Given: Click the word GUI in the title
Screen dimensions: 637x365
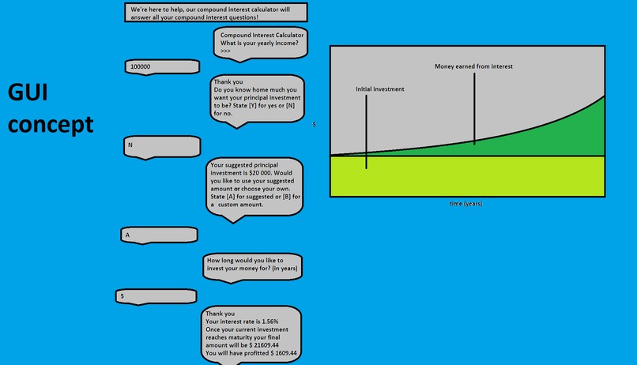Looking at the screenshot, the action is tap(28, 92).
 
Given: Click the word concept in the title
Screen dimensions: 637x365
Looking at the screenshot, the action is tap(51, 124).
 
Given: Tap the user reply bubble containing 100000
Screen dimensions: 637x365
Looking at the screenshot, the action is tap(162, 67).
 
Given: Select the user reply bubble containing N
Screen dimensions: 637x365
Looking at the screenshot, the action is tap(162, 147).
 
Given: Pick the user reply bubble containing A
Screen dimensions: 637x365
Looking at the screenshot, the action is tap(160, 235).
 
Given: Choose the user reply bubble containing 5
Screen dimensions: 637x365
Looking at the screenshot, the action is tap(156, 296).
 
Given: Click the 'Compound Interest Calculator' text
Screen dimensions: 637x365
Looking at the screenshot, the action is tap(262, 36).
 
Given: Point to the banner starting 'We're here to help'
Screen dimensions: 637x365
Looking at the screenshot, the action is tap(216, 13).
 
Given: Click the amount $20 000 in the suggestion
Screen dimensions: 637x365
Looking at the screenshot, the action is tap(259, 173).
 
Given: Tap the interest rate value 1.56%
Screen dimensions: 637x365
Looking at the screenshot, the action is tap(269, 322).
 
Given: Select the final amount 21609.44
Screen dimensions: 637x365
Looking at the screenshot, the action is tap(266, 345).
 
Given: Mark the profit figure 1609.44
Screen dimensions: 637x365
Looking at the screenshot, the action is tap(286, 353).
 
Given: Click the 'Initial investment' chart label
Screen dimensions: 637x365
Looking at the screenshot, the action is tap(380, 89).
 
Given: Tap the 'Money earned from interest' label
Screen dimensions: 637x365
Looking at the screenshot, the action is tap(473, 66).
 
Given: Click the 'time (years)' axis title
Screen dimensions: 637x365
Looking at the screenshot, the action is tap(465, 204).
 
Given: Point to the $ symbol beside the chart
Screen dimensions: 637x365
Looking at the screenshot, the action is tap(314, 125).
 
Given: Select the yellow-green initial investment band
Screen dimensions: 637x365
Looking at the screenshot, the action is tap(467, 176).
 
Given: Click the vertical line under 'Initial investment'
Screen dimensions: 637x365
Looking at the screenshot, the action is tap(366, 132).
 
